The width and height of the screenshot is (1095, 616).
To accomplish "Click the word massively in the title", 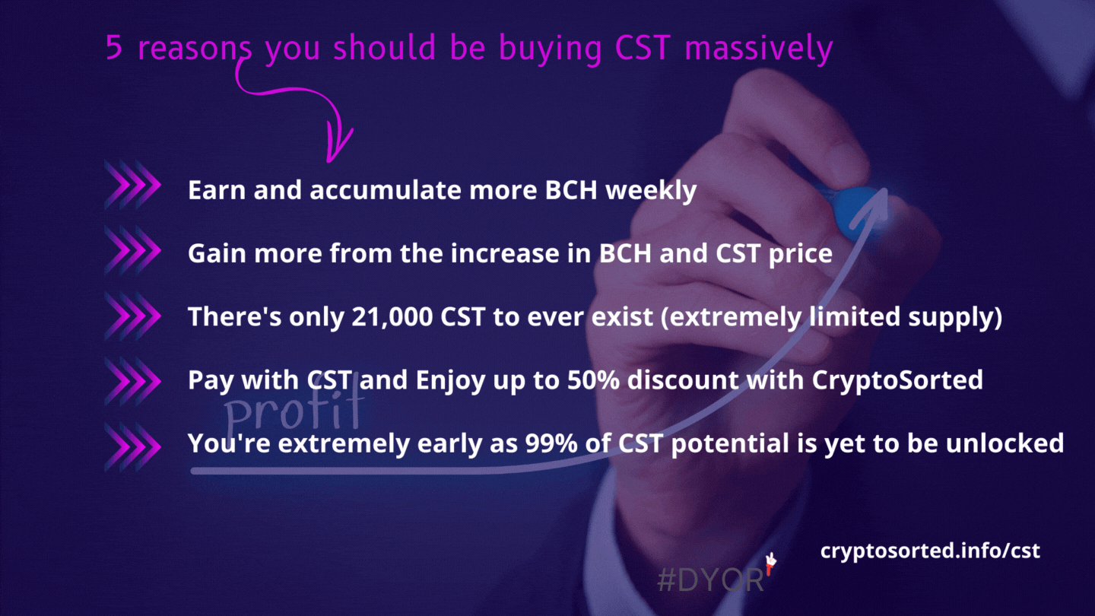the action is pos(759,49).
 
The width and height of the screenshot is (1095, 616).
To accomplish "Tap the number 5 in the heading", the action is pos(113,47).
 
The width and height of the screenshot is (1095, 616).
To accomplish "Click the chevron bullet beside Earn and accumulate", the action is pos(132,185).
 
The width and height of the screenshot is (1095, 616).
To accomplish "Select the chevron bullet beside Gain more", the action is pos(132,249).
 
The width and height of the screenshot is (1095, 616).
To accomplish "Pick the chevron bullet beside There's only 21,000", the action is pos(132,316).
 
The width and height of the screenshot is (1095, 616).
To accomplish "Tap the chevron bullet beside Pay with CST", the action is pos(132,381).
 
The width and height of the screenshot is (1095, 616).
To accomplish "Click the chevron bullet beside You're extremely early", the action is pos(132,446).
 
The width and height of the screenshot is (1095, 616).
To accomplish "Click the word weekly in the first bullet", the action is pos(651,191).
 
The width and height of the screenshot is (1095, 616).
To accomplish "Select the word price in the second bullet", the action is pos(800,254).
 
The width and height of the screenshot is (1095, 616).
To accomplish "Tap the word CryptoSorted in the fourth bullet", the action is pos(897,381).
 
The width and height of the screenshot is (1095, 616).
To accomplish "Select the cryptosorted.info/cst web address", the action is pos(930,551).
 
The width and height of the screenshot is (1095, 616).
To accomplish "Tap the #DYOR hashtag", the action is pos(709,580).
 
